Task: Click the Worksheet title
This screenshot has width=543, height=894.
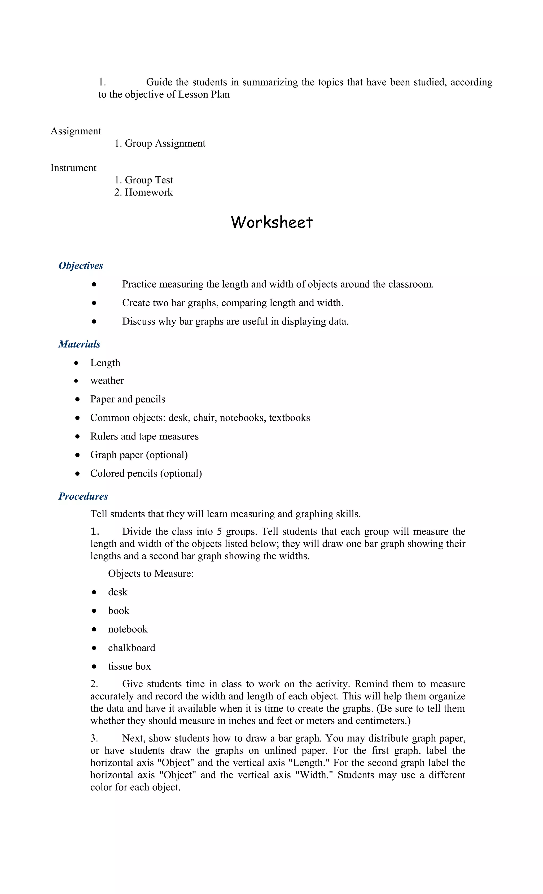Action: (x=271, y=222)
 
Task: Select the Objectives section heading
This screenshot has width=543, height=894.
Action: (x=81, y=266)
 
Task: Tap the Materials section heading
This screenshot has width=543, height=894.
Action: (x=79, y=344)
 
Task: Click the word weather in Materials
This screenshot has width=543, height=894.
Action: (x=107, y=380)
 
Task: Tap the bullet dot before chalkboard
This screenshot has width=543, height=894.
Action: (x=94, y=648)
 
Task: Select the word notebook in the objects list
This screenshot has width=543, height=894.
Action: (x=128, y=629)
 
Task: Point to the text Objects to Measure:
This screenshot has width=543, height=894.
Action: (x=151, y=573)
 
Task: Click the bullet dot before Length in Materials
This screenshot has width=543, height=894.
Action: (x=76, y=363)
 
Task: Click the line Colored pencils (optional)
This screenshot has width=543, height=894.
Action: (x=146, y=473)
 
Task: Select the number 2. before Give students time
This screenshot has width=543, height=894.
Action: (x=94, y=684)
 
